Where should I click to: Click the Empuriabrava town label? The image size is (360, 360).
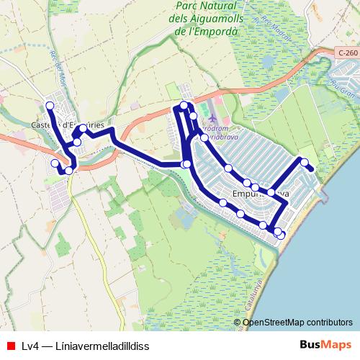pos(261,194)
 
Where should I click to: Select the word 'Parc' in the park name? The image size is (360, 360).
pos(189,6)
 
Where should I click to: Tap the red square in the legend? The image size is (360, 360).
pos(10,346)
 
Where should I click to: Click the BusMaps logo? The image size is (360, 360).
pos(325,345)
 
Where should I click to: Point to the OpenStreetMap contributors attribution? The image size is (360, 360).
pos(297,322)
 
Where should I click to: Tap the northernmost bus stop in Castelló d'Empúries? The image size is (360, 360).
pos(50,106)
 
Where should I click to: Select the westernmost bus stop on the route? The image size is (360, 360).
pos(55,163)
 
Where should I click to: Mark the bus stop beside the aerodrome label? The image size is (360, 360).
pos(204,137)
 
